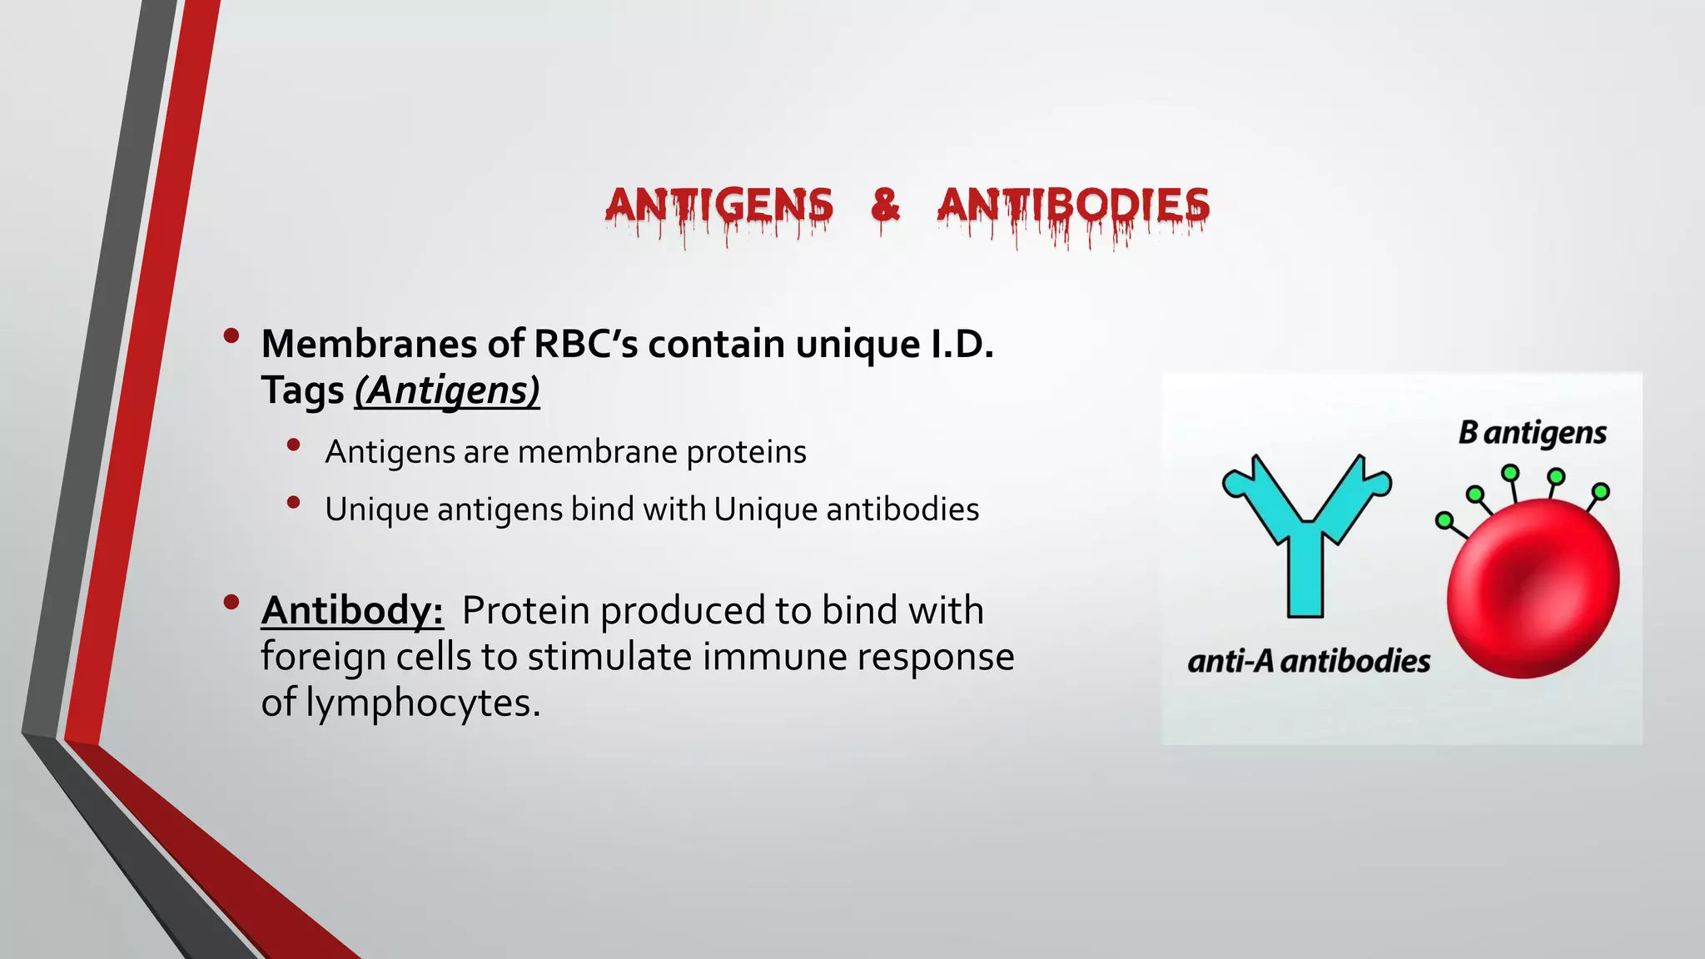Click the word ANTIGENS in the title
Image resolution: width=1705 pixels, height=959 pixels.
coord(718,206)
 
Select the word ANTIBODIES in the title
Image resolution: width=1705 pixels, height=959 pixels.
coord(1073,206)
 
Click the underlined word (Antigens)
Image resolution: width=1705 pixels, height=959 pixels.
coord(447,390)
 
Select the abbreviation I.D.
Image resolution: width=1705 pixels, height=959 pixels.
coord(961,344)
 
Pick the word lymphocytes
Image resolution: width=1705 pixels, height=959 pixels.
coord(423,703)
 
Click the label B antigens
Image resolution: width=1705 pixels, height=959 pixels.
coord(1532,433)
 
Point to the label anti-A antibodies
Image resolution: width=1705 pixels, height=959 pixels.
coord(1309,661)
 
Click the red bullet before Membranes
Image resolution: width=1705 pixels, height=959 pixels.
coord(231,335)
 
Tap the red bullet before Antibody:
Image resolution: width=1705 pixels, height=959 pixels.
coord(231,602)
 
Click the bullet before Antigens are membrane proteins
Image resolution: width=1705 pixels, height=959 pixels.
coord(293,445)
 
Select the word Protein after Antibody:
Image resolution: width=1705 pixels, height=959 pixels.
coord(525,610)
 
